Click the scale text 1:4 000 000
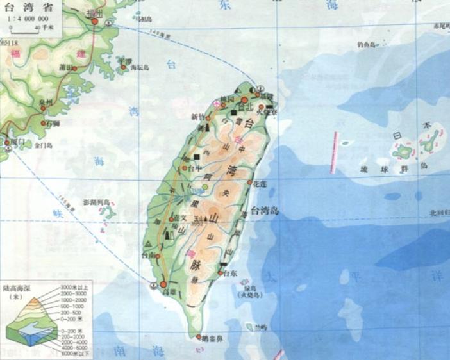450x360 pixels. tap(29, 20)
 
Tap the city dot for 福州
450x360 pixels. tap(94, 21)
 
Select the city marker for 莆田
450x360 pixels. tap(75, 68)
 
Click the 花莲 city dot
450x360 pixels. tap(249, 182)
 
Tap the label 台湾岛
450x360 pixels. tap(263, 209)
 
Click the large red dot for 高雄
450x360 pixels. tap(163, 284)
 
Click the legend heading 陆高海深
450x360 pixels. tap(17, 287)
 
